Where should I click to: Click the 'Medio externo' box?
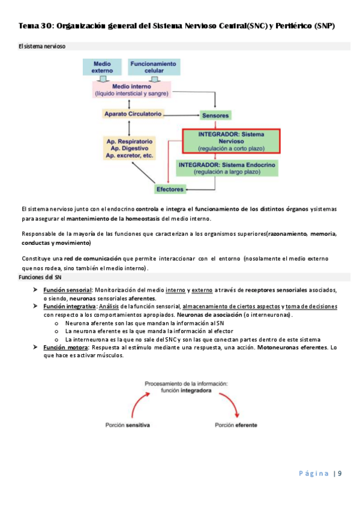(103, 67)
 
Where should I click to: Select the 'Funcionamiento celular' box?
(154, 67)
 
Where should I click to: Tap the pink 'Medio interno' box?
(132, 90)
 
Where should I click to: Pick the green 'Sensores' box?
(215, 115)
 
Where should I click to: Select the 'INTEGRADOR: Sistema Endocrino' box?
(227, 167)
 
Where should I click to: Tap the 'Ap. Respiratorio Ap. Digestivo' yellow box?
(130, 148)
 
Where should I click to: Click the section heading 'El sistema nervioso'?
(42, 46)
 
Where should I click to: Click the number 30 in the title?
(46, 26)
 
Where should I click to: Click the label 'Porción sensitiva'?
(127, 425)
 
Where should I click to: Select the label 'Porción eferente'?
(236, 425)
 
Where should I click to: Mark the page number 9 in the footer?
(339, 474)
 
